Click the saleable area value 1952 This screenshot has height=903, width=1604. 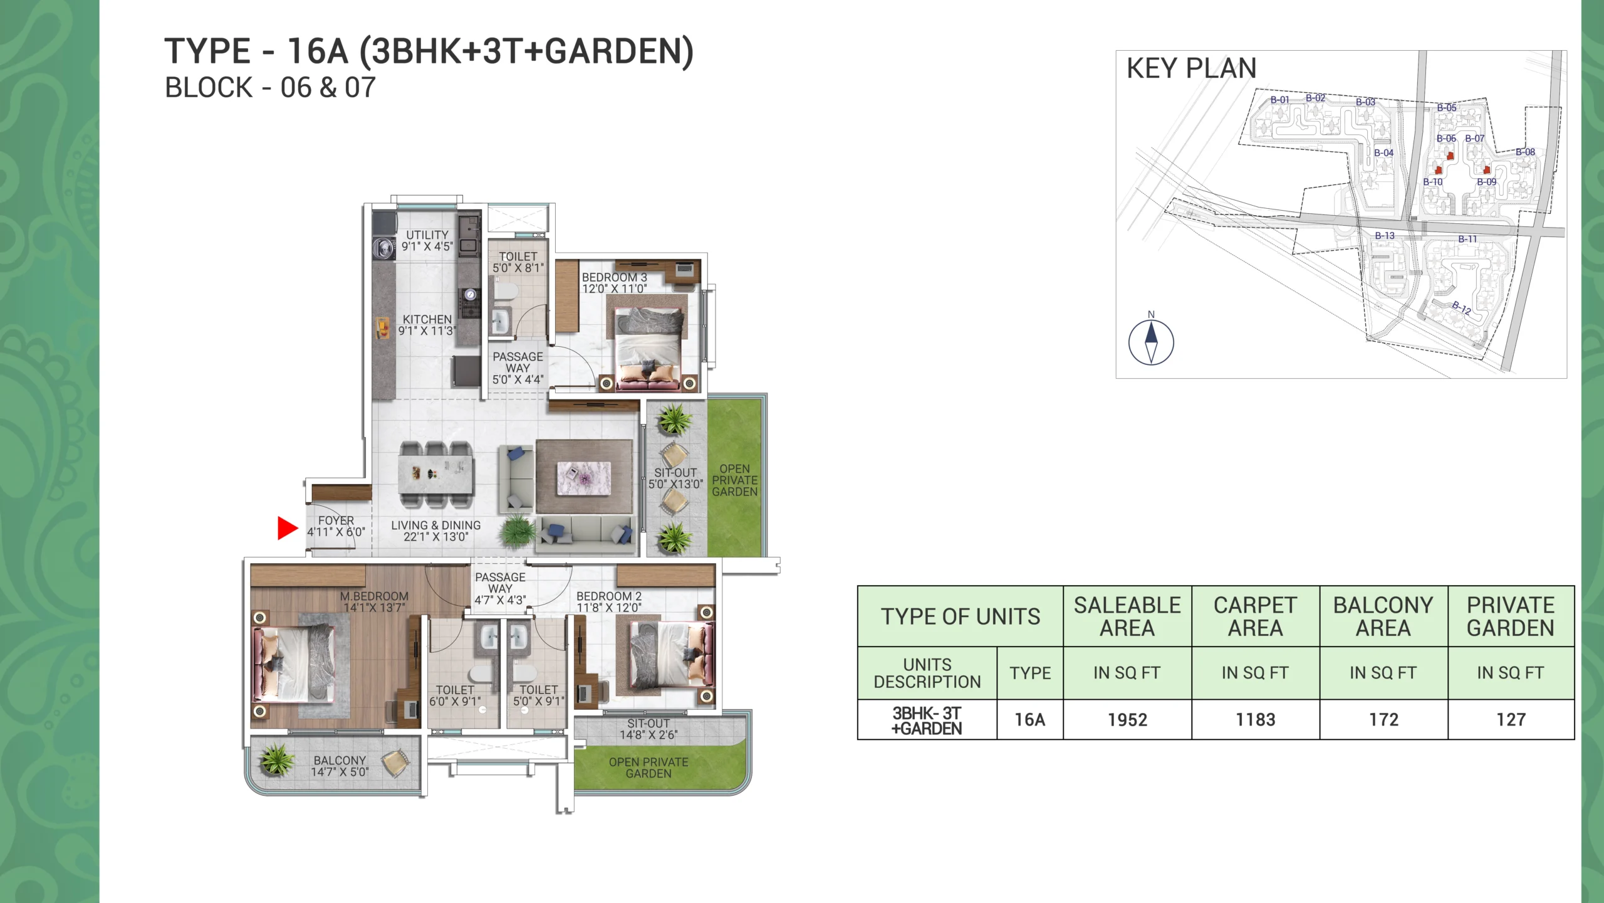(1127, 720)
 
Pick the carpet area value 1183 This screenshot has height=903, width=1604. (1255, 720)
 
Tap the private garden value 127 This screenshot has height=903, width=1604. (1511, 720)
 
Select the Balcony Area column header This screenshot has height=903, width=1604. (1383, 616)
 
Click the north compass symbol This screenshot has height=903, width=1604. (1151, 342)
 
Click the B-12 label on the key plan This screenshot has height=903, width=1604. (1461, 307)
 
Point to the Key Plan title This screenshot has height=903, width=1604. (1192, 68)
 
